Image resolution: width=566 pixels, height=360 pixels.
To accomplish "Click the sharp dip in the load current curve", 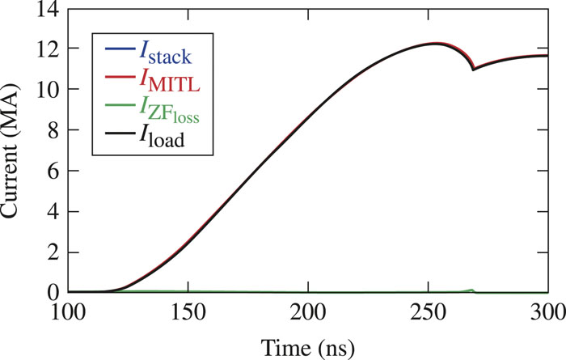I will tap(474, 70).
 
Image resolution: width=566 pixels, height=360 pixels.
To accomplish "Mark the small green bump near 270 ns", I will tap(471, 289).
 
